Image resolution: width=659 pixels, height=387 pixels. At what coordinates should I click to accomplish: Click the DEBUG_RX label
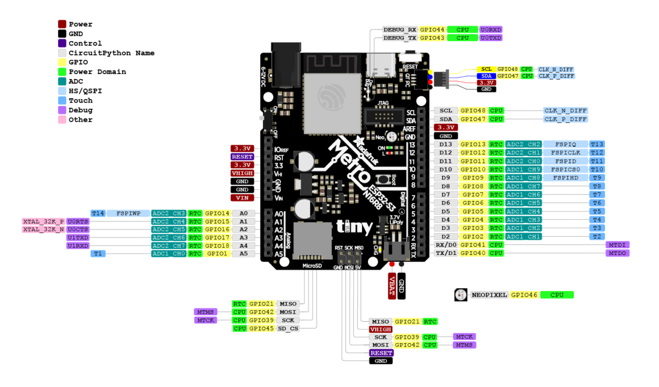[400, 30]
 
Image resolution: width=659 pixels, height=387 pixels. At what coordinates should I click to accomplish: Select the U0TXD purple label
[491, 38]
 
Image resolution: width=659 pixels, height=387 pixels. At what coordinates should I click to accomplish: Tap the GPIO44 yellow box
[432, 30]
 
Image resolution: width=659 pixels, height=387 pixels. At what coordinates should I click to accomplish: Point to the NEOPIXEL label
[489, 295]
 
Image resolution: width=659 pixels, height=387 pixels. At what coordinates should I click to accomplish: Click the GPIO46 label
[524, 295]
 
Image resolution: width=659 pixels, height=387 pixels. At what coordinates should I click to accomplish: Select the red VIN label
[242, 197]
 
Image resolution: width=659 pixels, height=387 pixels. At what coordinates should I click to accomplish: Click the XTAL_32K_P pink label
[43, 221]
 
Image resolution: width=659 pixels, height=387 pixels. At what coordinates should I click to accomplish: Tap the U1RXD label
[77, 246]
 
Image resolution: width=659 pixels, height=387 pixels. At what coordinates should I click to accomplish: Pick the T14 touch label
[98, 213]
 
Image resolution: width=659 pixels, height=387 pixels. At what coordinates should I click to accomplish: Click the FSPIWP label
[128, 213]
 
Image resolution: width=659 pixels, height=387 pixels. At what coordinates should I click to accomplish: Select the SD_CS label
[288, 328]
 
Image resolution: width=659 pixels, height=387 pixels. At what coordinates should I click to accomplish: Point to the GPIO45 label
[261, 328]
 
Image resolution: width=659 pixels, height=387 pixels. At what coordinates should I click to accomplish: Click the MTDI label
[617, 244]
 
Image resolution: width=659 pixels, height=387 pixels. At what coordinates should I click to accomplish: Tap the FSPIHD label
[565, 178]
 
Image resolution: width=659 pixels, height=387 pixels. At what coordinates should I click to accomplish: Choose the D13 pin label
[445, 144]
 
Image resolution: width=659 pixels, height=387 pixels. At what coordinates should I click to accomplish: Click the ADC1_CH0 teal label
[169, 254]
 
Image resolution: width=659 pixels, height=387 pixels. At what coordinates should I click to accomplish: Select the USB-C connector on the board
[381, 65]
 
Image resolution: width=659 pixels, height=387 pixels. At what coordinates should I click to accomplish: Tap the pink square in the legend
[62, 119]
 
